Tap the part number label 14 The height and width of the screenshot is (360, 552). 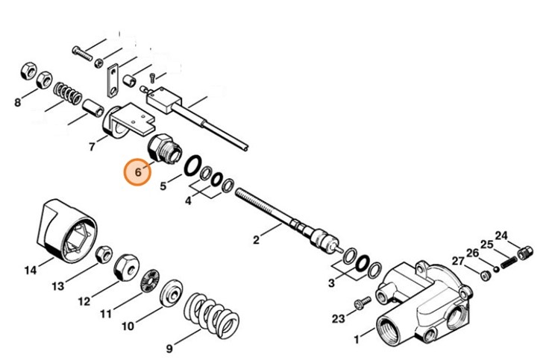coord(29,271)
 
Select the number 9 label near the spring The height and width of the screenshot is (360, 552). coord(169,347)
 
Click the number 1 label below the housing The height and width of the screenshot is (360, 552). coord(357,340)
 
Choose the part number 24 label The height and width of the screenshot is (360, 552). coord(501,236)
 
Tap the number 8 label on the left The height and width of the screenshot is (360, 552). coord(18,103)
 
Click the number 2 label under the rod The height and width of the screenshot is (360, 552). coord(255,240)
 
